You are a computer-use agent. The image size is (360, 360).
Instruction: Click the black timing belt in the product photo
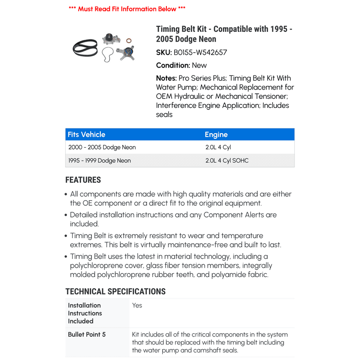tap(85, 47)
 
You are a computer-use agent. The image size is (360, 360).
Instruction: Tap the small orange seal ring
tap(128, 41)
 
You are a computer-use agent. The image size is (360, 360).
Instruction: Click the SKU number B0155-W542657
tap(200, 52)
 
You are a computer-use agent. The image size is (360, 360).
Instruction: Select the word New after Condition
tap(199, 65)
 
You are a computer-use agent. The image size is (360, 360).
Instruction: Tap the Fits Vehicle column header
tap(86, 135)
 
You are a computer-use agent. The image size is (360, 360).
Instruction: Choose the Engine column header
tap(216, 135)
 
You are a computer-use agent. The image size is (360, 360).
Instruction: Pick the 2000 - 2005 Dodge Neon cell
tap(102, 147)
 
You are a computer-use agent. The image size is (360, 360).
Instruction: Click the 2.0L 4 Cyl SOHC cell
tap(227, 160)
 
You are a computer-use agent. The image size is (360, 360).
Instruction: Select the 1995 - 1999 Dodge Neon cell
tap(99, 160)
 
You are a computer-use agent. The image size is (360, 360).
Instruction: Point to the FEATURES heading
tap(83, 180)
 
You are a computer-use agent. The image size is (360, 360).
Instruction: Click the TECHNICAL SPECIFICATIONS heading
tap(115, 292)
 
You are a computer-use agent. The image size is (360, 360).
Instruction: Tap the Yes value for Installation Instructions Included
tap(137, 305)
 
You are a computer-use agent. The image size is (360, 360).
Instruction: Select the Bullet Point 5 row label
tap(87, 335)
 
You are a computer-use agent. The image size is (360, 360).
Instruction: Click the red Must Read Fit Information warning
tap(127, 9)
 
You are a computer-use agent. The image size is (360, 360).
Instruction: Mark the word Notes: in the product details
tap(166, 78)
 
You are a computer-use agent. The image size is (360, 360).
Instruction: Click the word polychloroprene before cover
tap(98, 266)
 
